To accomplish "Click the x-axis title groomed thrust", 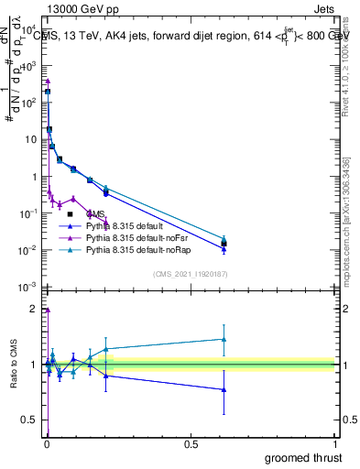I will [303, 457].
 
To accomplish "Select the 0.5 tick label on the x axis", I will [191, 444].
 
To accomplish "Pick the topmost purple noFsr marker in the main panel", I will [48, 82].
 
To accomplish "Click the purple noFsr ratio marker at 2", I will [48, 310].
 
